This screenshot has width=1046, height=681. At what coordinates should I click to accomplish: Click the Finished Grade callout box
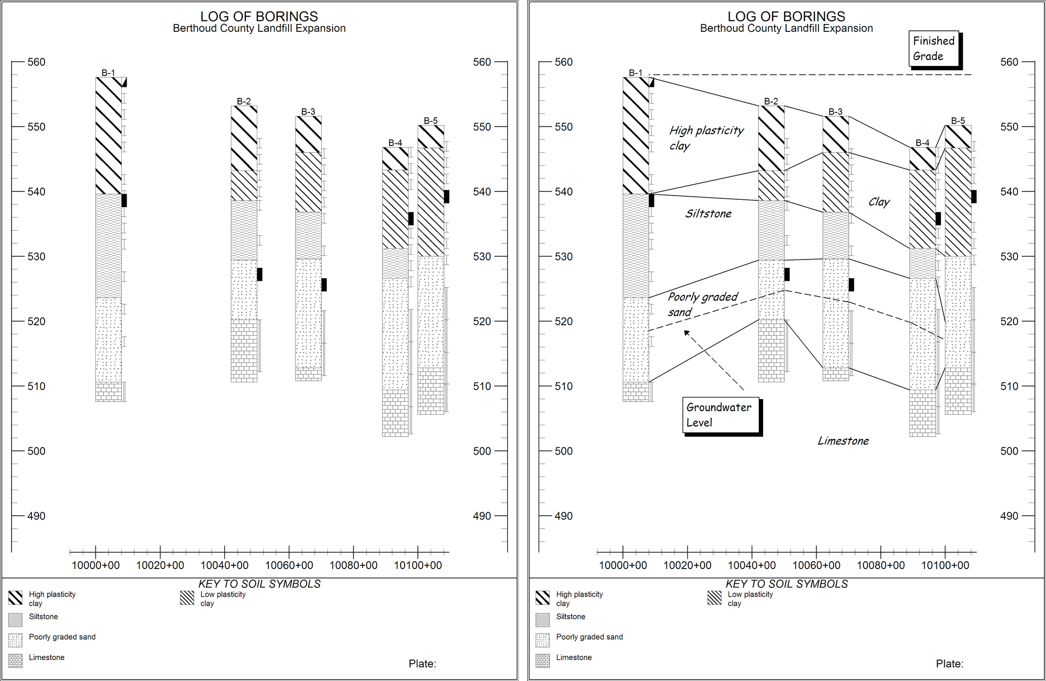934,49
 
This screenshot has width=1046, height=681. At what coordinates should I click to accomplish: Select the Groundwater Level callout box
720,415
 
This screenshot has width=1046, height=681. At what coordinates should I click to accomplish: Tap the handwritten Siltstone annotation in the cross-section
708,213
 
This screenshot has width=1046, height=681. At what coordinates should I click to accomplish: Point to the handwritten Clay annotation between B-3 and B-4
879,202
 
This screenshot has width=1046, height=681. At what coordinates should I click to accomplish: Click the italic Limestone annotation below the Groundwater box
843,441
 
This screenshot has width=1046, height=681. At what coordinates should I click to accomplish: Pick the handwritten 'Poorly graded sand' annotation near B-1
702,304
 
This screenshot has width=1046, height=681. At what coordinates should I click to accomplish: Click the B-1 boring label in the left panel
108,73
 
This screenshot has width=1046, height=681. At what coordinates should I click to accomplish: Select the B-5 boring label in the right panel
958,121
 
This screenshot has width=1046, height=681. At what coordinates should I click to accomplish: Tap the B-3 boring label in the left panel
308,111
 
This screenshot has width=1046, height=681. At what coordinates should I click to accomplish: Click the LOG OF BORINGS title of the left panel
259,17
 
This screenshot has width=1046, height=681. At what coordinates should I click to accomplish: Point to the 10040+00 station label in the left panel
224,565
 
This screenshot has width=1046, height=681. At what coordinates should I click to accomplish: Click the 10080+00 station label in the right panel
880,565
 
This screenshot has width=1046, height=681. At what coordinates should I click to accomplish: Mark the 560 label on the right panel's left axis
563,62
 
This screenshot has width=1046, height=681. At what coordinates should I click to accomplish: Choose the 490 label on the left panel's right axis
482,516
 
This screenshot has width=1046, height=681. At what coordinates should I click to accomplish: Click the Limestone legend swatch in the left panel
16,661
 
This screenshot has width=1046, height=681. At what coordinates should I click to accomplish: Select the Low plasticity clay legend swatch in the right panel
714,598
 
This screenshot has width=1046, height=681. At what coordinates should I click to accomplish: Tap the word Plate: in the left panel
422,664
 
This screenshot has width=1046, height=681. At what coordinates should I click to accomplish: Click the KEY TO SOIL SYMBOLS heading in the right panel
786,584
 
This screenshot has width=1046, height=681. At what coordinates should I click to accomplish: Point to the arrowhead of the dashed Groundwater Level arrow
686,332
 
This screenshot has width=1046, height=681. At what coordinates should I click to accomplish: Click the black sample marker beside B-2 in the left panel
259,274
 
